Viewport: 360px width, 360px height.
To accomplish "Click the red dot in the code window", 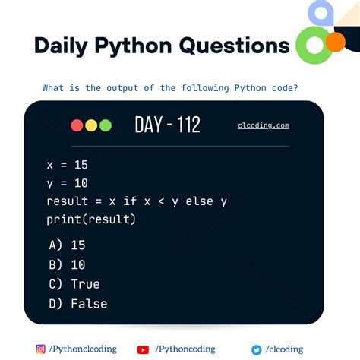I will (77, 125).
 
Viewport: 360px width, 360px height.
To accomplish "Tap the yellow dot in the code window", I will (91, 125).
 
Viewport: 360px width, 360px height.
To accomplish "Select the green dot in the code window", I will (106, 125).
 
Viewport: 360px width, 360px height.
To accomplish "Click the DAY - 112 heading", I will (167, 125).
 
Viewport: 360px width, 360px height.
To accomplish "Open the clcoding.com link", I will (264, 125).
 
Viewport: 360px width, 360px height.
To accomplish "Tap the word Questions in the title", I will (234, 46).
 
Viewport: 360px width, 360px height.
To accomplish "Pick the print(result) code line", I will (90, 220).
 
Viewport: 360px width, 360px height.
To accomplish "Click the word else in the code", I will (194, 201).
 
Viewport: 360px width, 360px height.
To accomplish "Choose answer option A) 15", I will (68, 245).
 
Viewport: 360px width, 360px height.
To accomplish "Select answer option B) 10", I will (68, 265).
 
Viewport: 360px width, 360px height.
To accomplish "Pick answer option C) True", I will (74, 284).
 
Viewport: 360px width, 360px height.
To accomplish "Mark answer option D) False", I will (77, 304).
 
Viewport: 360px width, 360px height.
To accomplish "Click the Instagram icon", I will (41, 349).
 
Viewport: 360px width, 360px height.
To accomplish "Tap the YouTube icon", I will (143, 349).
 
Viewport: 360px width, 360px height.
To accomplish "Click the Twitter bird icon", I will (256, 349).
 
